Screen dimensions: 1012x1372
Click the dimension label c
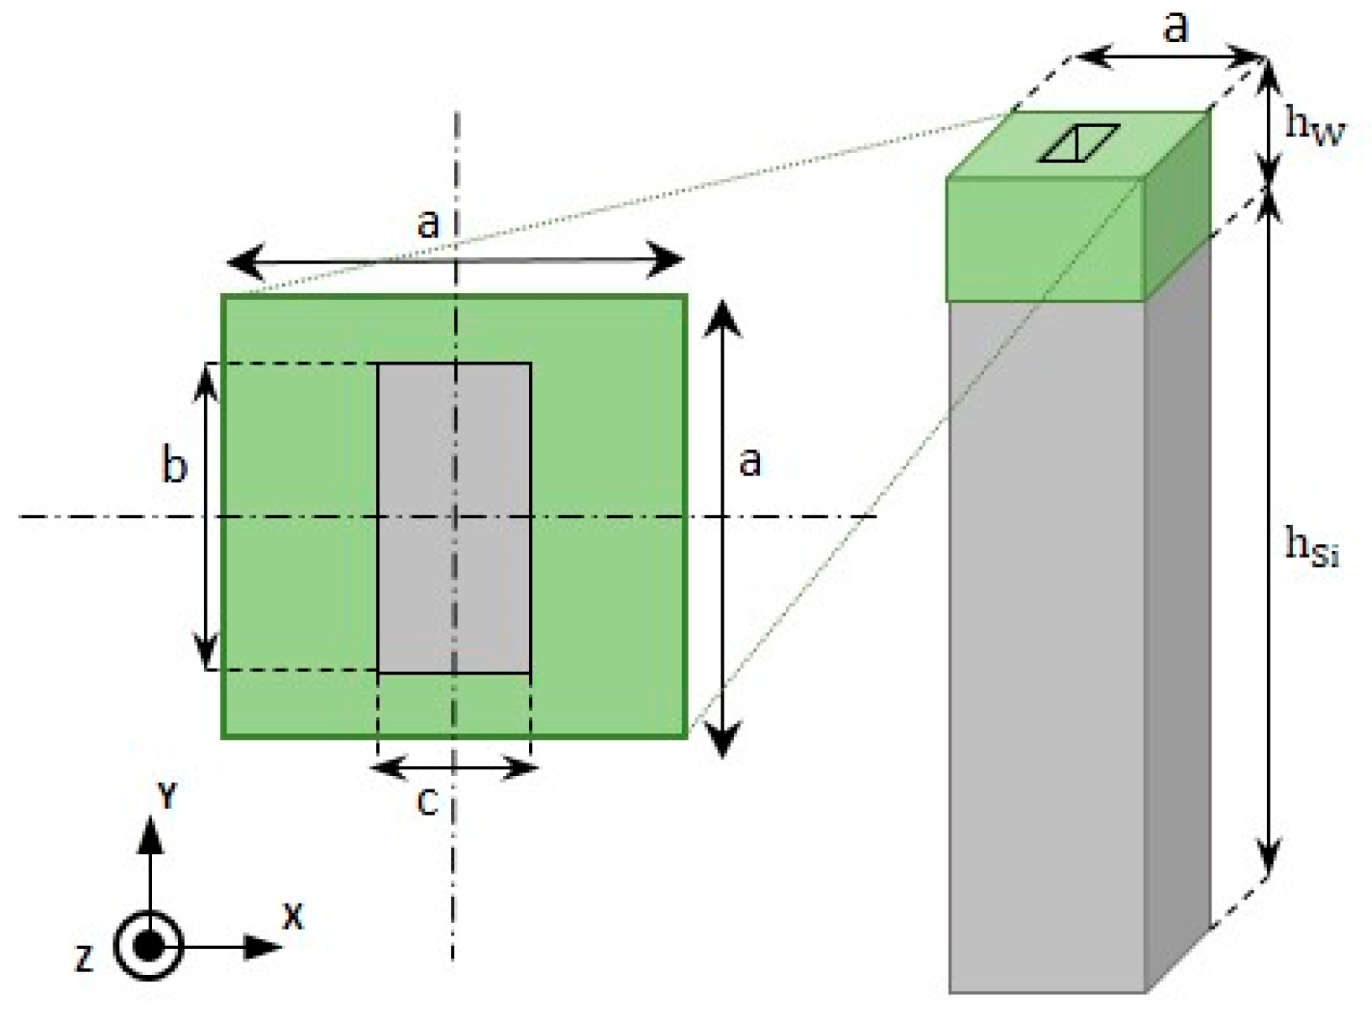[x=427, y=802]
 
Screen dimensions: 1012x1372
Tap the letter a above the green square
[x=428, y=223]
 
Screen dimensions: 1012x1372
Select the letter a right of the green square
[x=750, y=461]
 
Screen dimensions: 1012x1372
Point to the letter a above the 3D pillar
[x=1176, y=27]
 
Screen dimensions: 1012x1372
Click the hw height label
[x=1315, y=128]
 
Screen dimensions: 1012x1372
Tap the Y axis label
[x=168, y=794]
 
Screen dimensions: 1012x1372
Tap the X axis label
[x=292, y=916]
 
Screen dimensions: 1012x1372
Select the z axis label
[x=84, y=957]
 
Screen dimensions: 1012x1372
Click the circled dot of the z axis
[x=149, y=947]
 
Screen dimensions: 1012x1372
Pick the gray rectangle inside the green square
[x=454, y=517]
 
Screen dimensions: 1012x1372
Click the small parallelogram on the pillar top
[x=1079, y=143]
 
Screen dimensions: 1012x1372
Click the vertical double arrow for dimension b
[x=207, y=516]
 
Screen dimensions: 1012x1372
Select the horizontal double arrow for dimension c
[x=454, y=767]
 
